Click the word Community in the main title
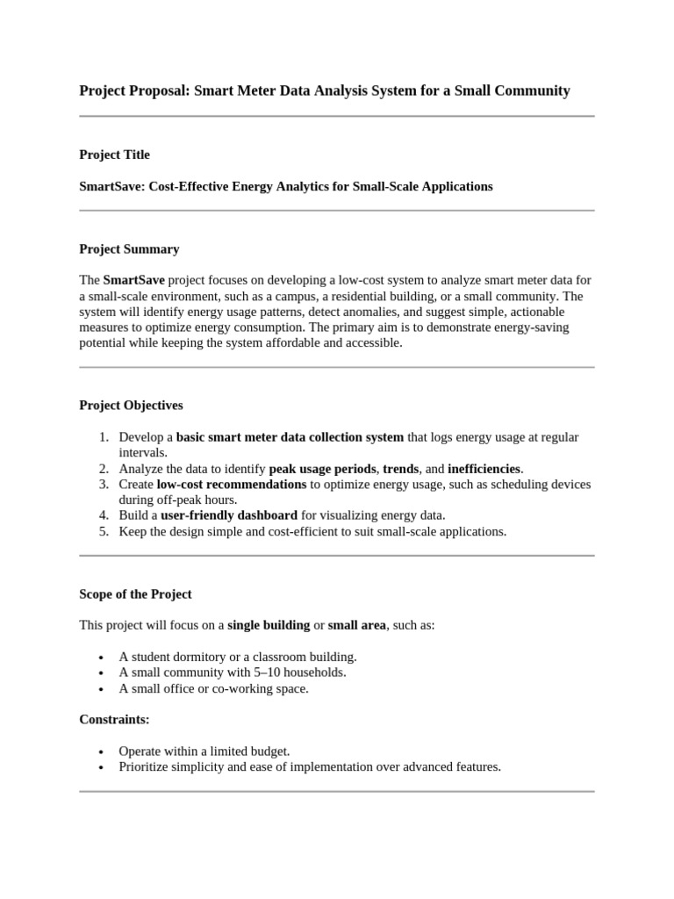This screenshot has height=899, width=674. [530, 90]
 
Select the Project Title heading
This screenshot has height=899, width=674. [114, 155]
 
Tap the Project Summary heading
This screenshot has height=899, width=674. [129, 248]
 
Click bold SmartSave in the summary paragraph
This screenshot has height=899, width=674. [133, 280]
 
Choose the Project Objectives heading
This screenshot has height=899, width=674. [131, 405]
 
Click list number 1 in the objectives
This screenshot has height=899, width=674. [103, 436]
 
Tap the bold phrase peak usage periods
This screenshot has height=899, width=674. [322, 468]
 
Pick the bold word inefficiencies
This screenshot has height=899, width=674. [484, 468]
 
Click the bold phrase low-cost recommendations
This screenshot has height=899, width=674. [232, 484]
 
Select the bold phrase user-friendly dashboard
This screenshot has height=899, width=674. [229, 515]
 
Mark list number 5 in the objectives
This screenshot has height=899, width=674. [103, 531]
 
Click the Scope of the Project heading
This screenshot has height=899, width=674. [135, 594]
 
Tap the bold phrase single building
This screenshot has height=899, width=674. [269, 625]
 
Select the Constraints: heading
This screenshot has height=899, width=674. [114, 719]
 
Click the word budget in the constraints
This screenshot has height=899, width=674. [269, 751]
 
